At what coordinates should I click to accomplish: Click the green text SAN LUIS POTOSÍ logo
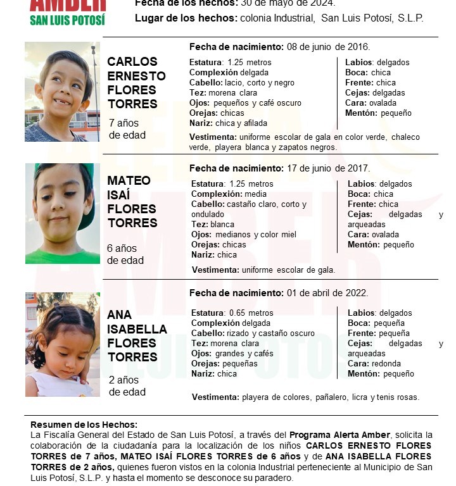coord(67,20)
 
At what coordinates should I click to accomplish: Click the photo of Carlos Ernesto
coord(62,92)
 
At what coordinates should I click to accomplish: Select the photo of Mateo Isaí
coord(62,213)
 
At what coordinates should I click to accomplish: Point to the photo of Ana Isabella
coord(62,344)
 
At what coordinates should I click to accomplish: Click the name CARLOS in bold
coord(132,61)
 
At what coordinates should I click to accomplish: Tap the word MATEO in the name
coord(129,181)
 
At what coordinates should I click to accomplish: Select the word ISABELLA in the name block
coord(137,329)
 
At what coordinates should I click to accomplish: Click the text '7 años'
coord(123,123)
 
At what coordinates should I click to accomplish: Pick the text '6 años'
coord(122,248)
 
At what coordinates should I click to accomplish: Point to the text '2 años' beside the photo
coord(123,380)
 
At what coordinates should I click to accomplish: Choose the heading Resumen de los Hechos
coord(84,425)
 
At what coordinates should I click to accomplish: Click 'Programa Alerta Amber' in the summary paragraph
coord(339,435)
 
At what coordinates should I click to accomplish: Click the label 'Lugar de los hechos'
coord(186,18)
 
